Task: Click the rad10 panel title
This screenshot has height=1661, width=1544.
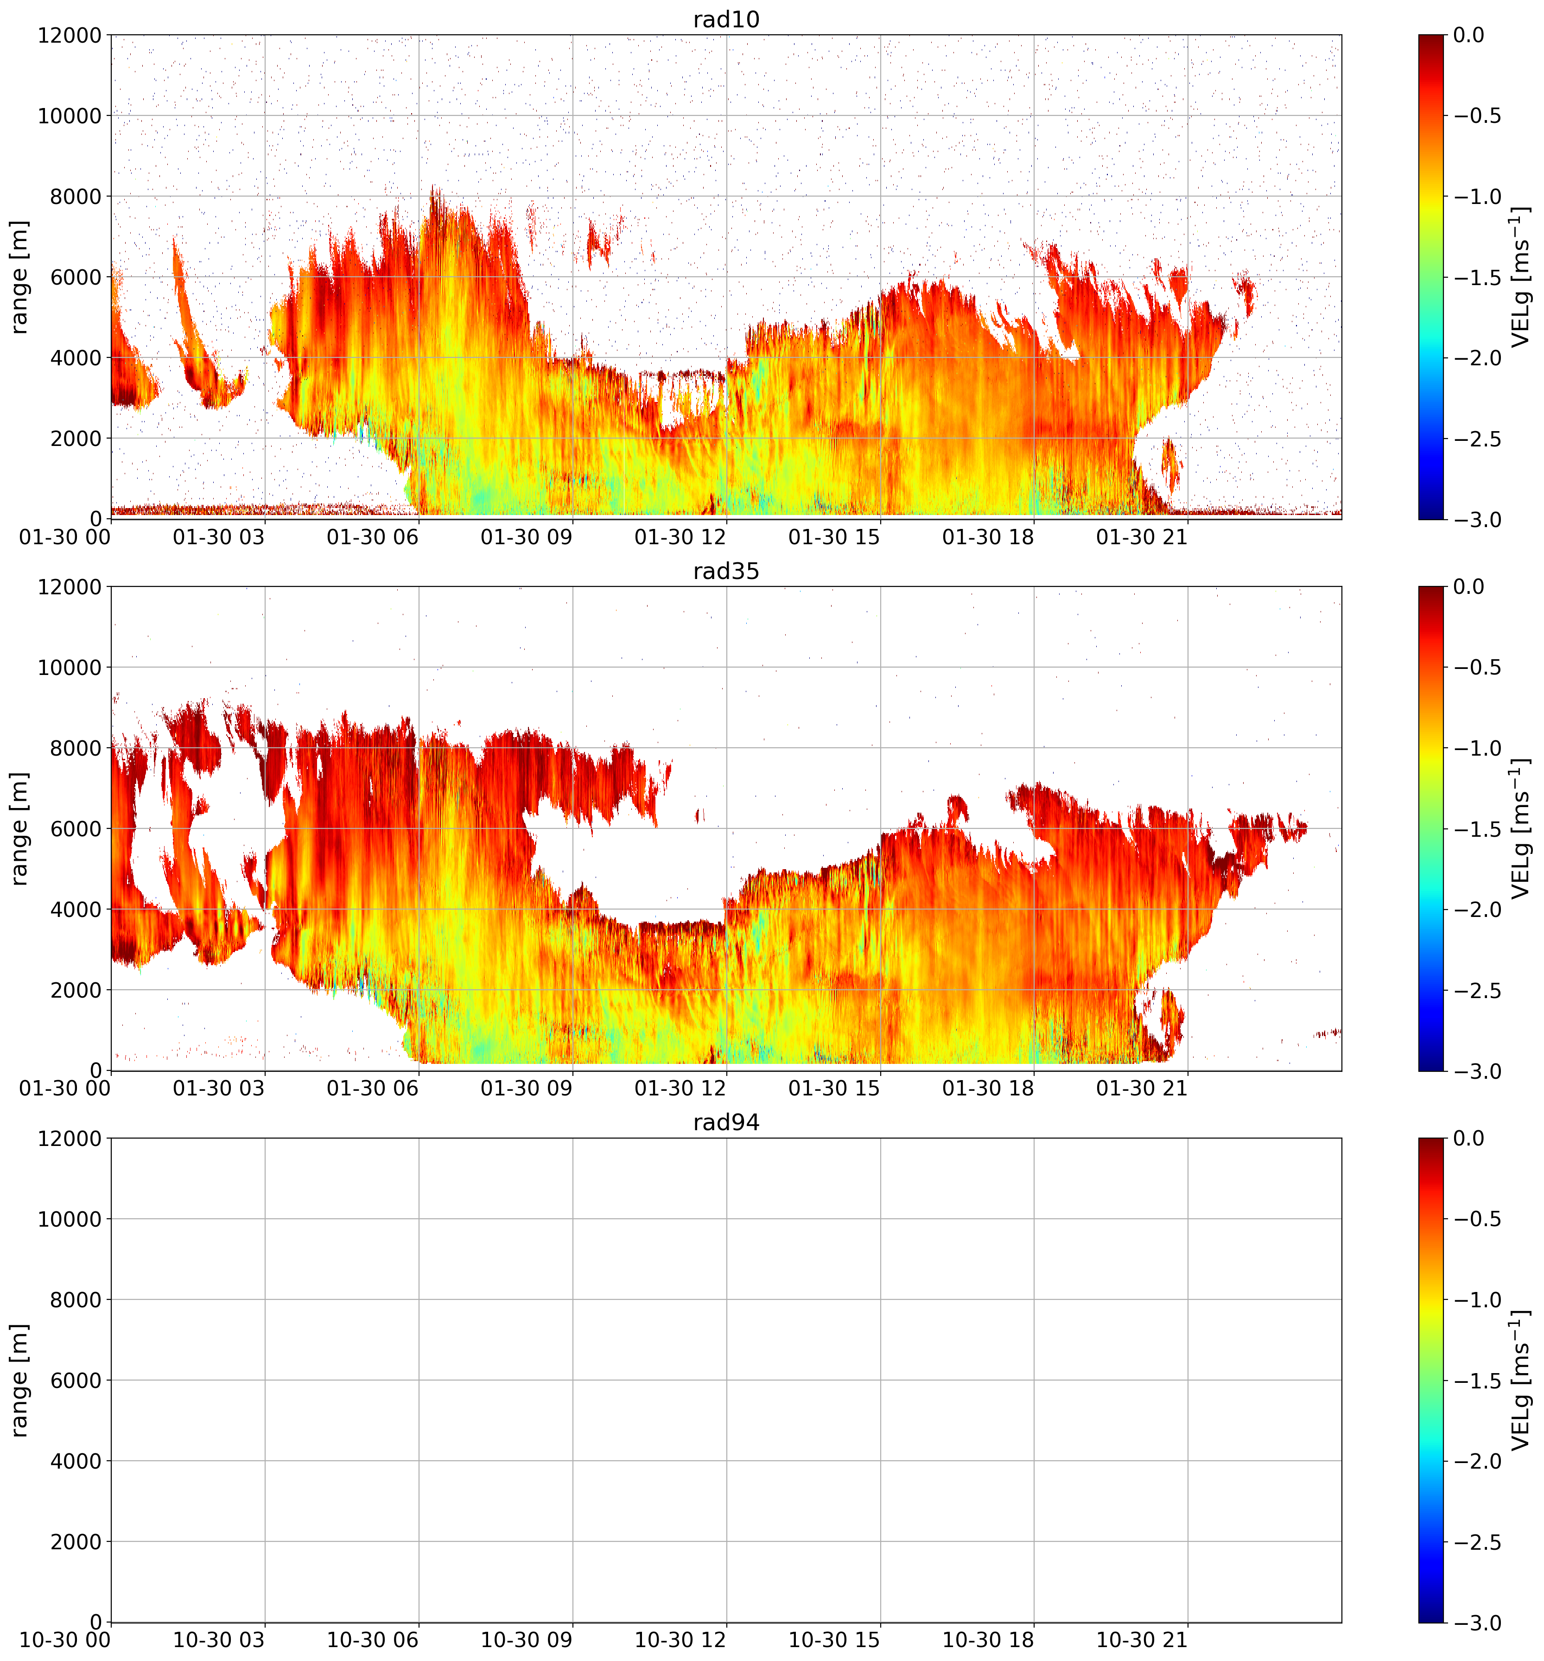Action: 726,19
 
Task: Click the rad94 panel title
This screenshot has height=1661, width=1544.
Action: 726,1123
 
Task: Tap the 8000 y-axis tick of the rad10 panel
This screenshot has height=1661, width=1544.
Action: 70,197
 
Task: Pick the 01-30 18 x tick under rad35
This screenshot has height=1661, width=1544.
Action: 988,1088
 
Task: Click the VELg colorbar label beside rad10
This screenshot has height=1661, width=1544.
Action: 1521,277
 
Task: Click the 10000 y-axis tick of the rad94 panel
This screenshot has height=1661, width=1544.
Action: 70,1219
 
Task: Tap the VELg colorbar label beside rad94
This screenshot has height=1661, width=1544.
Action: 1521,1380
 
